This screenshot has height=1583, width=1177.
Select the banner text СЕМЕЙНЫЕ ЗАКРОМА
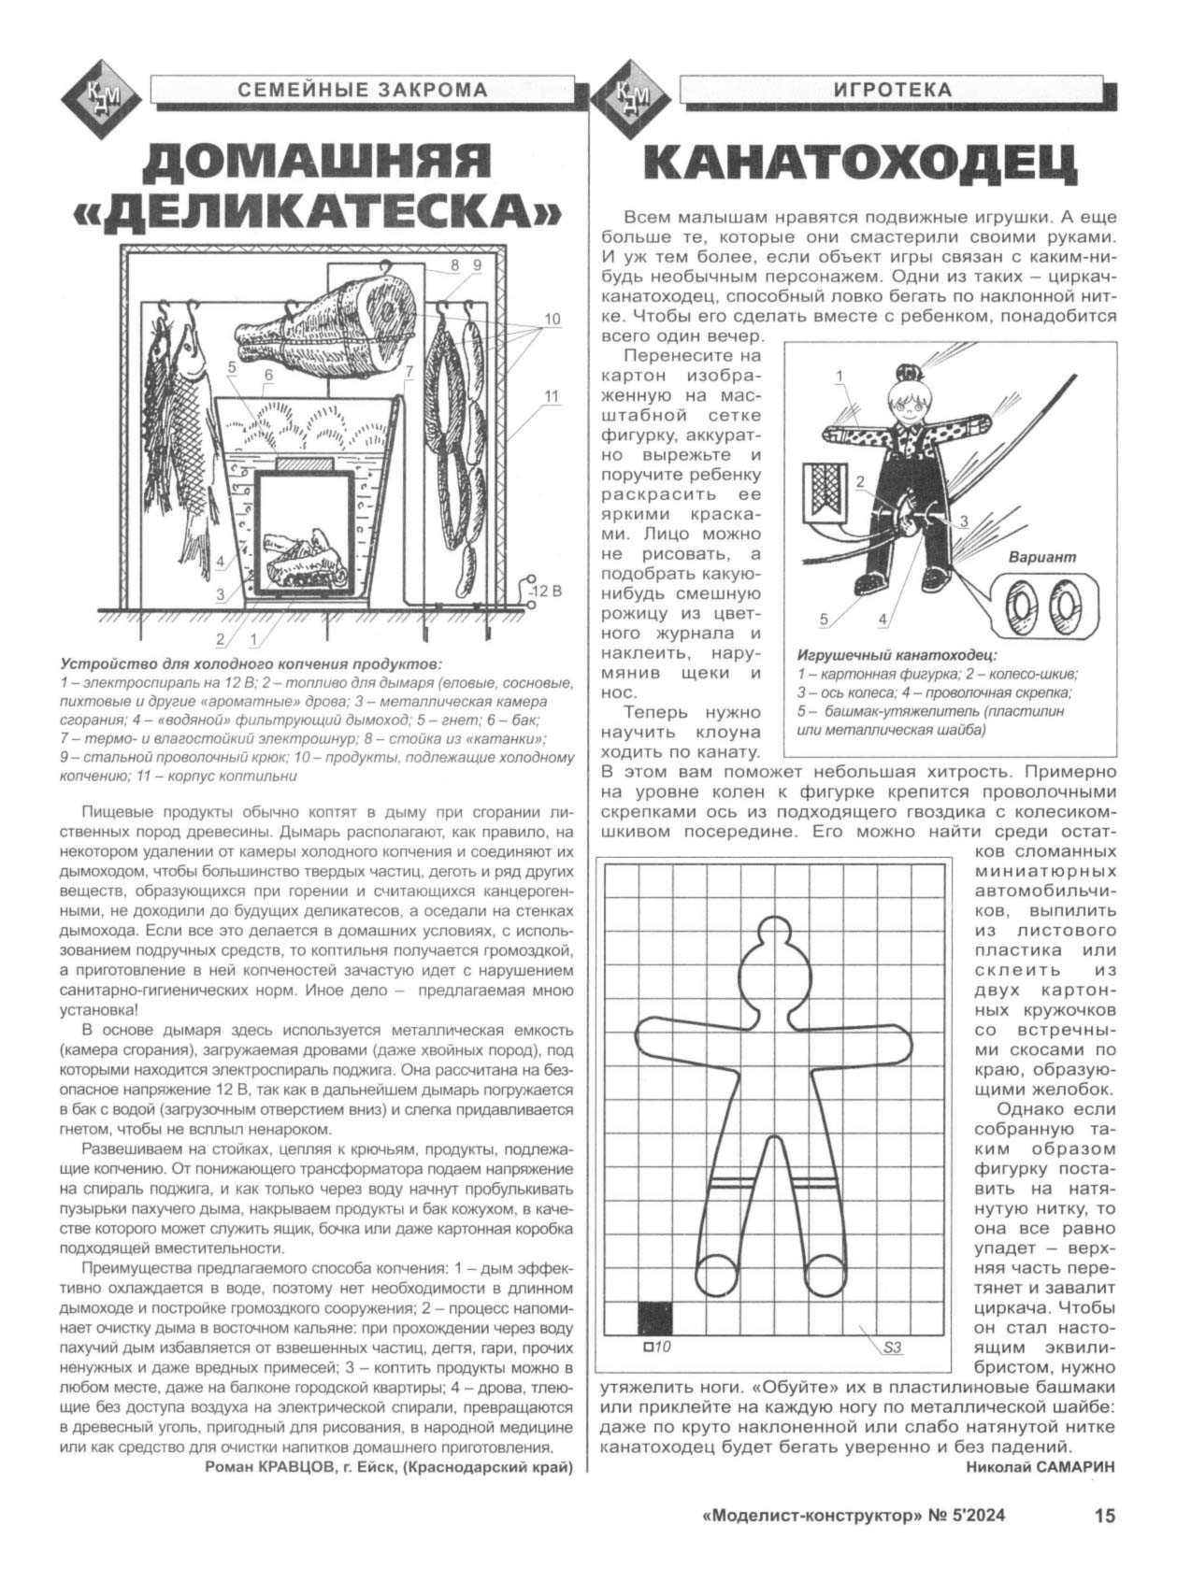point(363,90)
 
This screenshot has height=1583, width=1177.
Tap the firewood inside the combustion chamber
point(301,555)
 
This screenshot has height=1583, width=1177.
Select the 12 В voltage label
point(543,592)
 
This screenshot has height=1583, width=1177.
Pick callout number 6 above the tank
point(268,376)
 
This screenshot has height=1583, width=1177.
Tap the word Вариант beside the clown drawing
point(1042,556)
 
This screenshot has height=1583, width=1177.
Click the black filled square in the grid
point(655,1318)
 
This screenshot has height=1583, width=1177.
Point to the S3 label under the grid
point(893,1348)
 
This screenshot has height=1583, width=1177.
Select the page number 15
point(1104,1517)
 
